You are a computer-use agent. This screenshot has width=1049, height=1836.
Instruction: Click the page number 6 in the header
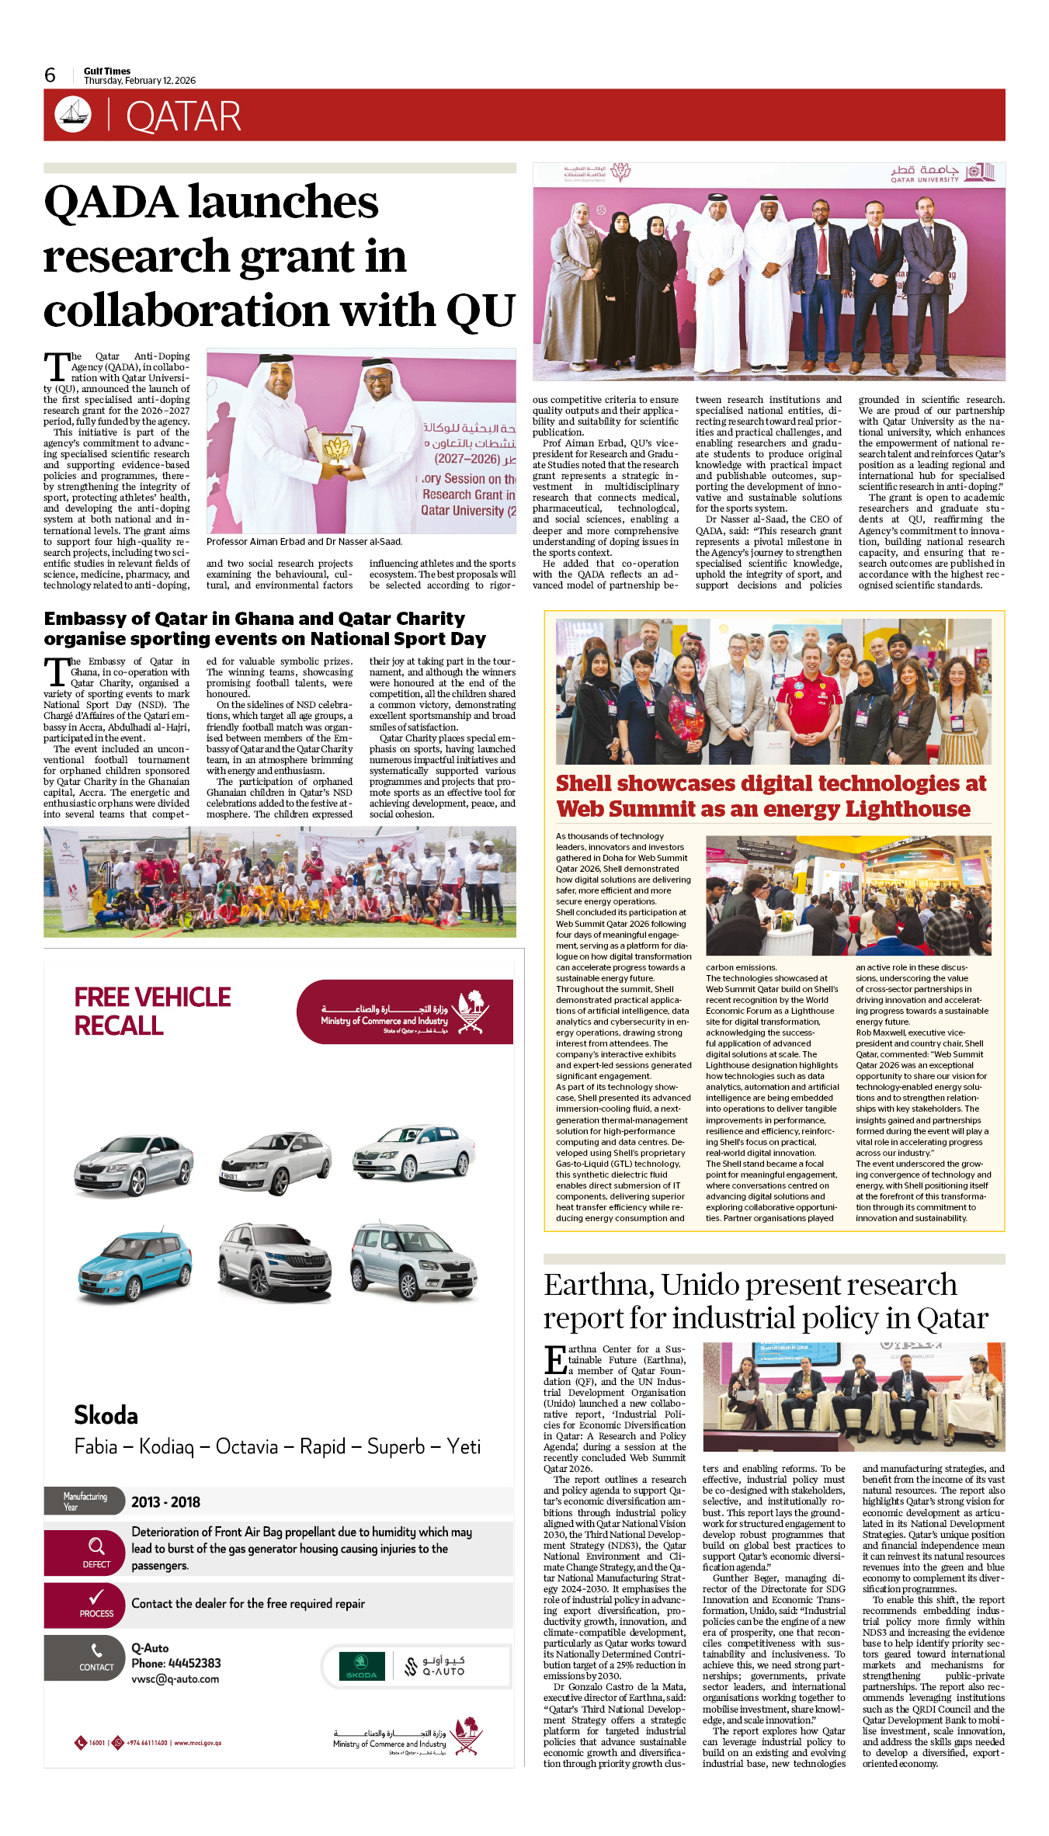click(x=50, y=75)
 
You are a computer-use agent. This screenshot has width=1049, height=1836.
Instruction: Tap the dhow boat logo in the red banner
click(x=73, y=114)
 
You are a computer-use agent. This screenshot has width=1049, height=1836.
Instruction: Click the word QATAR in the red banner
click(x=183, y=116)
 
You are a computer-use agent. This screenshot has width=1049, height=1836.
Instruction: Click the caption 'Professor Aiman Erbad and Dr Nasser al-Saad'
click(x=304, y=541)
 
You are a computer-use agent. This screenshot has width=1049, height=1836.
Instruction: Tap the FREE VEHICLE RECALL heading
click(x=152, y=1011)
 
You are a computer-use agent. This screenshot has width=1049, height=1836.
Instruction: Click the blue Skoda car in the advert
click(x=134, y=1264)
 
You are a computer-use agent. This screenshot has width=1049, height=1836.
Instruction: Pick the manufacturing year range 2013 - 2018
click(x=165, y=1502)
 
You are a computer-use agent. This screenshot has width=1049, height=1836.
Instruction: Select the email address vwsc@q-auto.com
click(x=175, y=1679)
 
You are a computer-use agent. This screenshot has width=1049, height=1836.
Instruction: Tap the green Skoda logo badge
click(x=362, y=1666)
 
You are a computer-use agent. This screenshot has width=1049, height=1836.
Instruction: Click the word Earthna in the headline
click(x=599, y=1286)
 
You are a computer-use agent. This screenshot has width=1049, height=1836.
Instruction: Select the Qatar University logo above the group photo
click(x=941, y=173)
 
